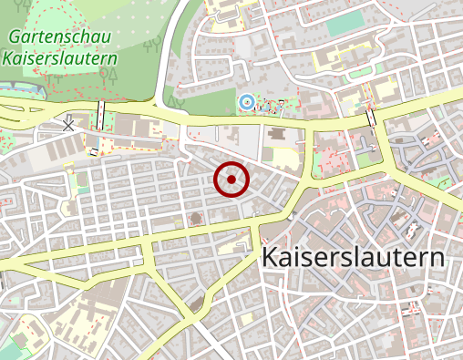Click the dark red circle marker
click(231, 180)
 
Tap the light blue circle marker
click(244, 101)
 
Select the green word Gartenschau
click(60, 38)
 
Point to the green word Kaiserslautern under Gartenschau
click(60, 58)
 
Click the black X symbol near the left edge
click(68, 122)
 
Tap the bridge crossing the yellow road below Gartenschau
click(98, 113)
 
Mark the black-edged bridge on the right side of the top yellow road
click(371, 118)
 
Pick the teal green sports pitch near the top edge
click(345, 25)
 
